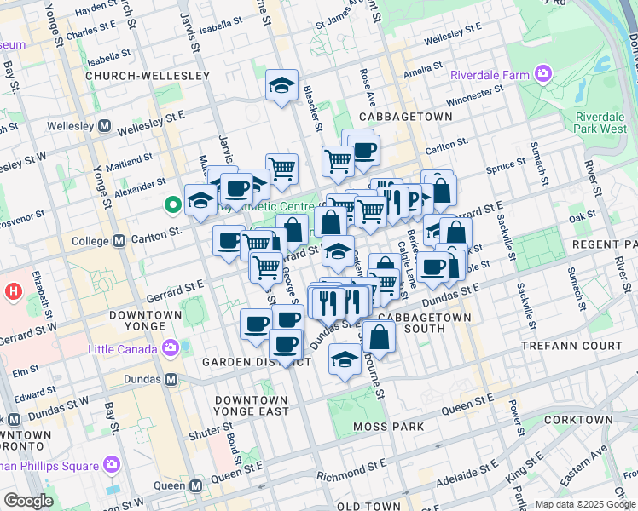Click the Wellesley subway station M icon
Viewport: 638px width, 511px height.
[106, 126]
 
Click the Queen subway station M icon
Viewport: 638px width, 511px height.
[196, 485]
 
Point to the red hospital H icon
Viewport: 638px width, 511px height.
[13, 291]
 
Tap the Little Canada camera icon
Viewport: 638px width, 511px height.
[171, 348]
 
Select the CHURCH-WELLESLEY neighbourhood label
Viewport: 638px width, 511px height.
[148, 76]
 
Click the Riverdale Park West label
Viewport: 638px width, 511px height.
[600, 123]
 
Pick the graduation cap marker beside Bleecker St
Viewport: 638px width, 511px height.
[281, 85]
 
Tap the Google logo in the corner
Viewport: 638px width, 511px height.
[29, 501]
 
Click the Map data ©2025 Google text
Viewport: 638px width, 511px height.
[585, 504]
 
